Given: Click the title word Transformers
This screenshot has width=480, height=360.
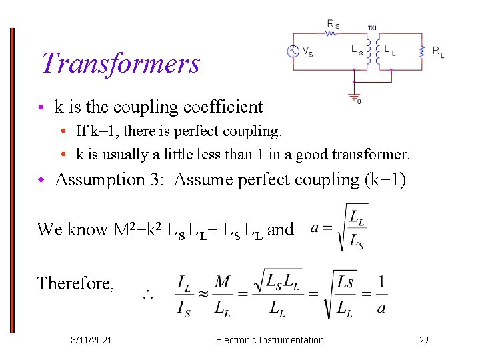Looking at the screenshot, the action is [x=121, y=63].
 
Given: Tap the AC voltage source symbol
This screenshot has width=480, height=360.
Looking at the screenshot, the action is [x=292, y=51].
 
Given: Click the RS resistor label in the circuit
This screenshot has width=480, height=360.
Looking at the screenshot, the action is [x=333, y=24].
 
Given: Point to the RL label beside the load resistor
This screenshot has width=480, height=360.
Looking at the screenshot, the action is [x=438, y=51].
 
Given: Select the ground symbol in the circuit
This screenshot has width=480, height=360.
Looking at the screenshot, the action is [x=354, y=95].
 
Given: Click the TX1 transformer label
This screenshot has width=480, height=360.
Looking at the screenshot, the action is [x=372, y=27].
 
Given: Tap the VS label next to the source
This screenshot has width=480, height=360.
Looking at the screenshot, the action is [x=309, y=51].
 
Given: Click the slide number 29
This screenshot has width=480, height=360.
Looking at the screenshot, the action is [x=423, y=340].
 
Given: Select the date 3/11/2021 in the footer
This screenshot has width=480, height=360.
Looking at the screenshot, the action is [x=91, y=340].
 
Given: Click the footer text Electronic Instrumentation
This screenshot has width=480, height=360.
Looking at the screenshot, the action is [x=269, y=340].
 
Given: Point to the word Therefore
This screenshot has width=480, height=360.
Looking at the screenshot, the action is [x=75, y=283].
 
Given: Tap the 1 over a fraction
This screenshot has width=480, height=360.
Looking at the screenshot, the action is [x=381, y=294].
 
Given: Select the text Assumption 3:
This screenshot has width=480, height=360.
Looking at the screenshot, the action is [x=110, y=179].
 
